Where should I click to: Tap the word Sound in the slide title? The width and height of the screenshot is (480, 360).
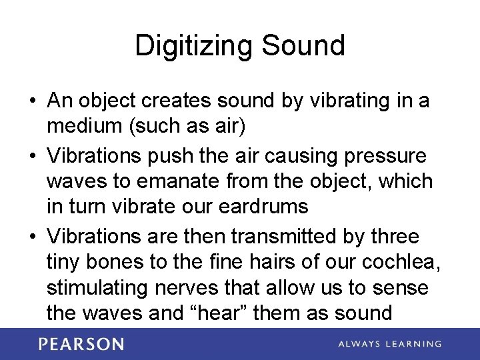click(x=303, y=45)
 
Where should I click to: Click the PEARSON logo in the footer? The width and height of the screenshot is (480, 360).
click(x=81, y=344)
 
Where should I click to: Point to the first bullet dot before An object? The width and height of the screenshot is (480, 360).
click(x=32, y=102)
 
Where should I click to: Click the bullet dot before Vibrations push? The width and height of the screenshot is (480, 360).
click(x=32, y=155)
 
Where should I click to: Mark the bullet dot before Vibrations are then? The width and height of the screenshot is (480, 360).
click(x=32, y=237)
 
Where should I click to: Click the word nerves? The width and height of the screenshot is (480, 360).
click(x=206, y=287)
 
